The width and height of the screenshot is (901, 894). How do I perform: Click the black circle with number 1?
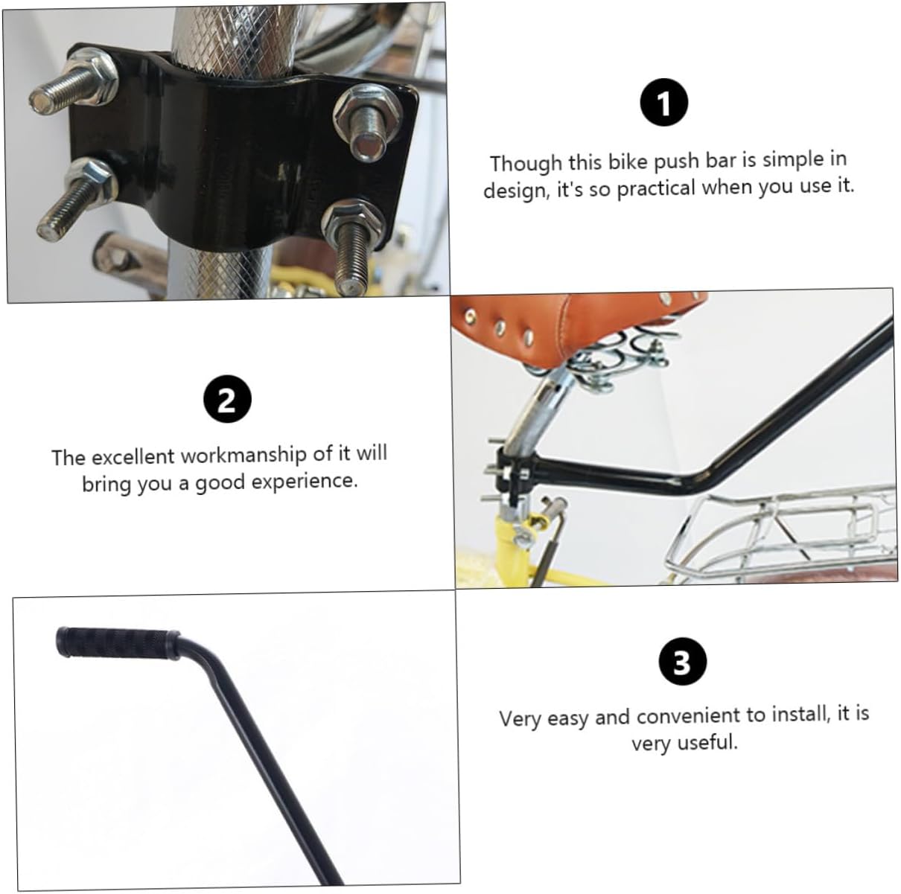coord(664,103)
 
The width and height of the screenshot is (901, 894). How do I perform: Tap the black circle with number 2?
coord(227,400)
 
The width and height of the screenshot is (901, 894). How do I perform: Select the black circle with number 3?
coord(682,662)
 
